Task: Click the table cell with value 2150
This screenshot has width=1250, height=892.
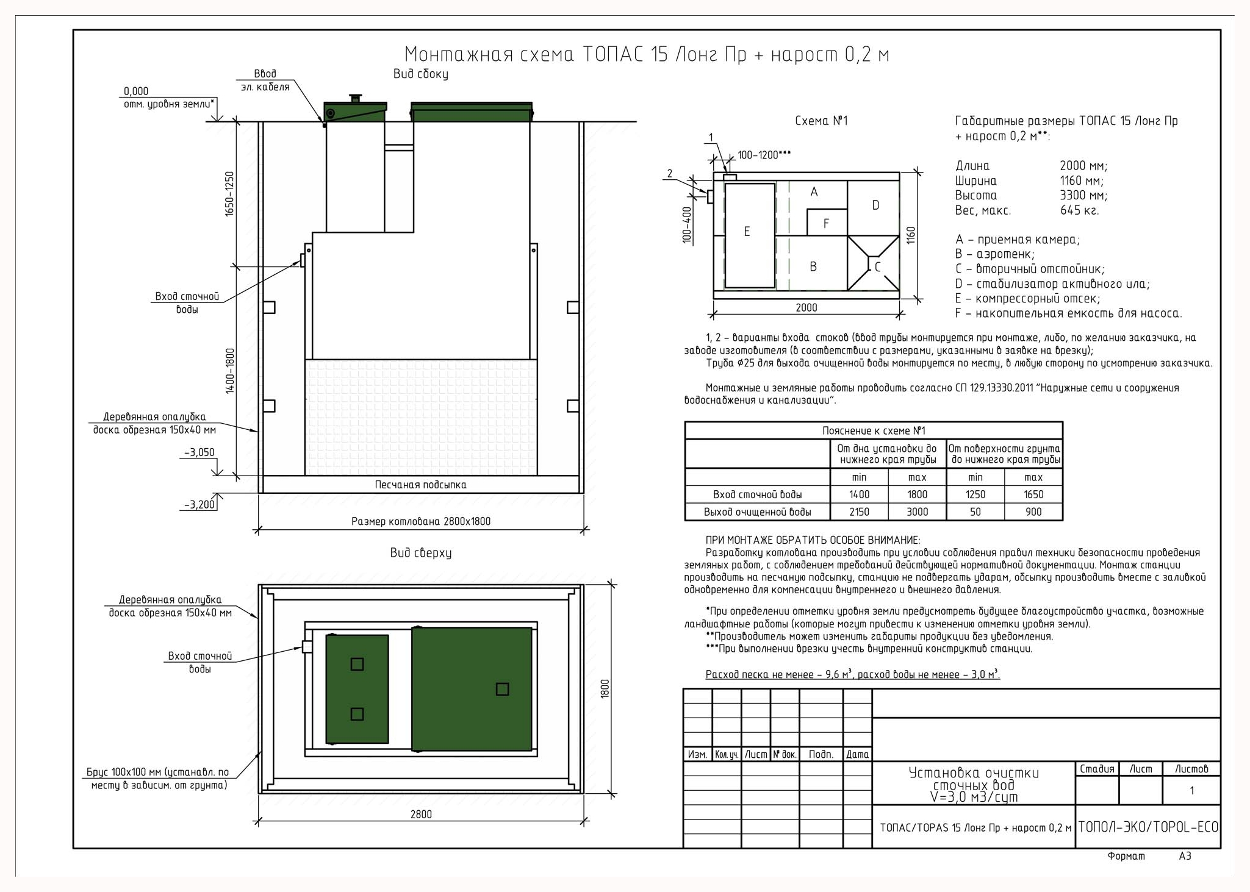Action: pyautogui.click(x=859, y=512)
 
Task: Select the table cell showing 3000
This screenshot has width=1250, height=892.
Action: pyautogui.click(x=917, y=512)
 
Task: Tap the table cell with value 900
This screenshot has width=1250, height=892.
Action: pyautogui.click(x=1033, y=512)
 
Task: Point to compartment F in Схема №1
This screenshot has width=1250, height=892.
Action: pyautogui.click(x=827, y=223)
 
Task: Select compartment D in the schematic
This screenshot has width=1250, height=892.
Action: pyautogui.click(x=874, y=208)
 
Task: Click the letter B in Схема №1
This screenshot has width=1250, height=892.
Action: pyautogui.click(x=813, y=266)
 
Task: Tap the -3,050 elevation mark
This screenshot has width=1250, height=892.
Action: pyautogui.click(x=199, y=452)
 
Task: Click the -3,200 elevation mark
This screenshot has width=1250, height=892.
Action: pyautogui.click(x=199, y=505)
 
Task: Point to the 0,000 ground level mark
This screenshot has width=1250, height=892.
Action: pyautogui.click(x=136, y=91)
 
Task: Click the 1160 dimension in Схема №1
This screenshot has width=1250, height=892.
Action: pyautogui.click(x=911, y=235)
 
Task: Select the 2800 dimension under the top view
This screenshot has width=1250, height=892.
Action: pyautogui.click(x=421, y=814)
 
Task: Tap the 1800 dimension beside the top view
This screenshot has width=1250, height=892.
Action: pyautogui.click(x=605, y=689)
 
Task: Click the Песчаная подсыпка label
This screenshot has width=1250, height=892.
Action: pyautogui.click(x=420, y=485)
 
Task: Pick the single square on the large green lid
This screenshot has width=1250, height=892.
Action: pyautogui.click(x=502, y=689)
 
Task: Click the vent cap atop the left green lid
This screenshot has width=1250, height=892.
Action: pyautogui.click(x=355, y=98)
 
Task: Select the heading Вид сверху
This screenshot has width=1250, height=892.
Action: pyautogui.click(x=421, y=553)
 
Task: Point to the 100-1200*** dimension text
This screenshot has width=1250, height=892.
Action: pyautogui.click(x=764, y=155)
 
